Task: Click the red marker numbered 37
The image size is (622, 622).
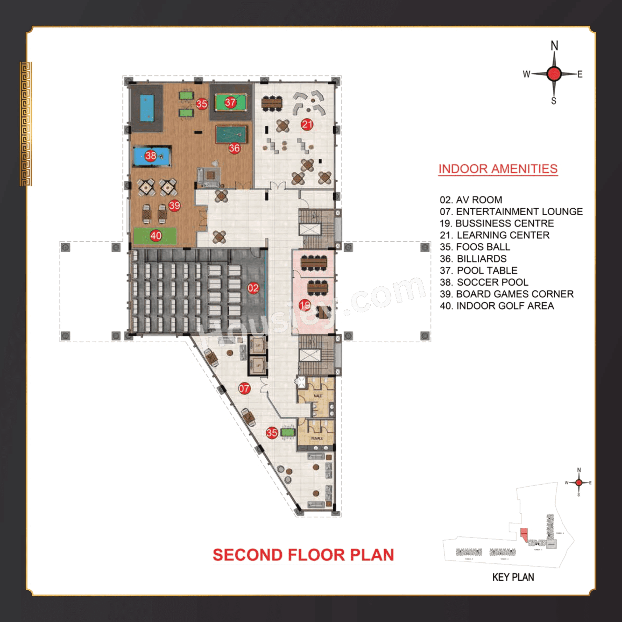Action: tap(230, 102)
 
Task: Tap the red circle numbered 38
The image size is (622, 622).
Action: tap(150, 156)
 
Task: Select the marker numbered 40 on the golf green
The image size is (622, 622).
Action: tap(156, 236)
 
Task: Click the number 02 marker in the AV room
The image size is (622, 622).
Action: tap(253, 288)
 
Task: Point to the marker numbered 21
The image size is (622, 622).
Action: tap(307, 124)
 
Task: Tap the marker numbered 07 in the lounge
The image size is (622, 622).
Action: tap(244, 388)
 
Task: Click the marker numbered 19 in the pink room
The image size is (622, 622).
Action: tap(305, 305)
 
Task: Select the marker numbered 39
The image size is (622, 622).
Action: tap(174, 206)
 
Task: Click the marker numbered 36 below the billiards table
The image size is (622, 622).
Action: tap(234, 148)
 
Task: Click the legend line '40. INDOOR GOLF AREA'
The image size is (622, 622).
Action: tap(497, 306)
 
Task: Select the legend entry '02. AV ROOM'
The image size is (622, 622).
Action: tap(471, 200)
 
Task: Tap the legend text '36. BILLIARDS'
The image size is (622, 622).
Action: tap(473, 259)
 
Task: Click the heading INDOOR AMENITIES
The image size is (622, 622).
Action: tap(498, 169)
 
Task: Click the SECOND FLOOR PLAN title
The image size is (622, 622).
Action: tap(303, 555)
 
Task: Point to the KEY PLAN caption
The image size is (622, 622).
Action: tap(513, 577)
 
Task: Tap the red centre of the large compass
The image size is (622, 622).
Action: tap(554, 74)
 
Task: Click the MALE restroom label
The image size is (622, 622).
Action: tap(317, 396)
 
